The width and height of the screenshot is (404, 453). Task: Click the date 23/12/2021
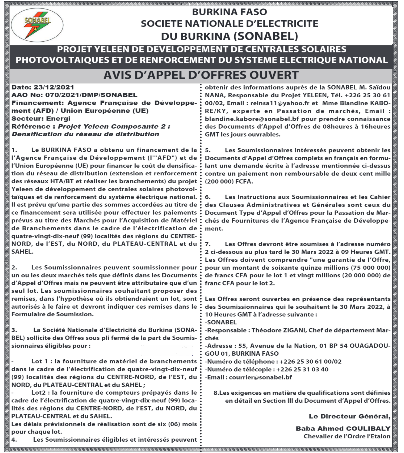pyautogui.click(x=54, y=87)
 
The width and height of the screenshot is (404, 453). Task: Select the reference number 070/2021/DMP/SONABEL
pyautogui.click(x=91, y=95)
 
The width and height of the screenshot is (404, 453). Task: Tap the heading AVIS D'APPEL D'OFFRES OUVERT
pyautogui.click(x=201, y=75)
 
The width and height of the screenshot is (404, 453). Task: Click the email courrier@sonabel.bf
pyautogui.click(x=260, y=377)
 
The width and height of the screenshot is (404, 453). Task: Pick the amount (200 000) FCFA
pyautogui.click(x=229, y=181)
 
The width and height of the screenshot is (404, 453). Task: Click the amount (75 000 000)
pyautogui.click(x=370, y=268)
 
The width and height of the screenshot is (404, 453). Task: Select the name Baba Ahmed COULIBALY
pyautogui.click(x=343, y=429)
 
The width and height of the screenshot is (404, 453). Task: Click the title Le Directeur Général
pyautogui.click(x=349, y=417)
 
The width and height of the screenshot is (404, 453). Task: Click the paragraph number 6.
pyautogui.click(x=208, y=197)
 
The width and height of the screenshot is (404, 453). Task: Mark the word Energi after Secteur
pyautogui.click(x=58, y=119)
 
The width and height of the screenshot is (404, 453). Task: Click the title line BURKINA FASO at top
pyautogui.click(x=229, y=12)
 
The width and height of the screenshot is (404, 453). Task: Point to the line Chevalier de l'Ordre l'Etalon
pyautogui.click(x=347, y=436)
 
